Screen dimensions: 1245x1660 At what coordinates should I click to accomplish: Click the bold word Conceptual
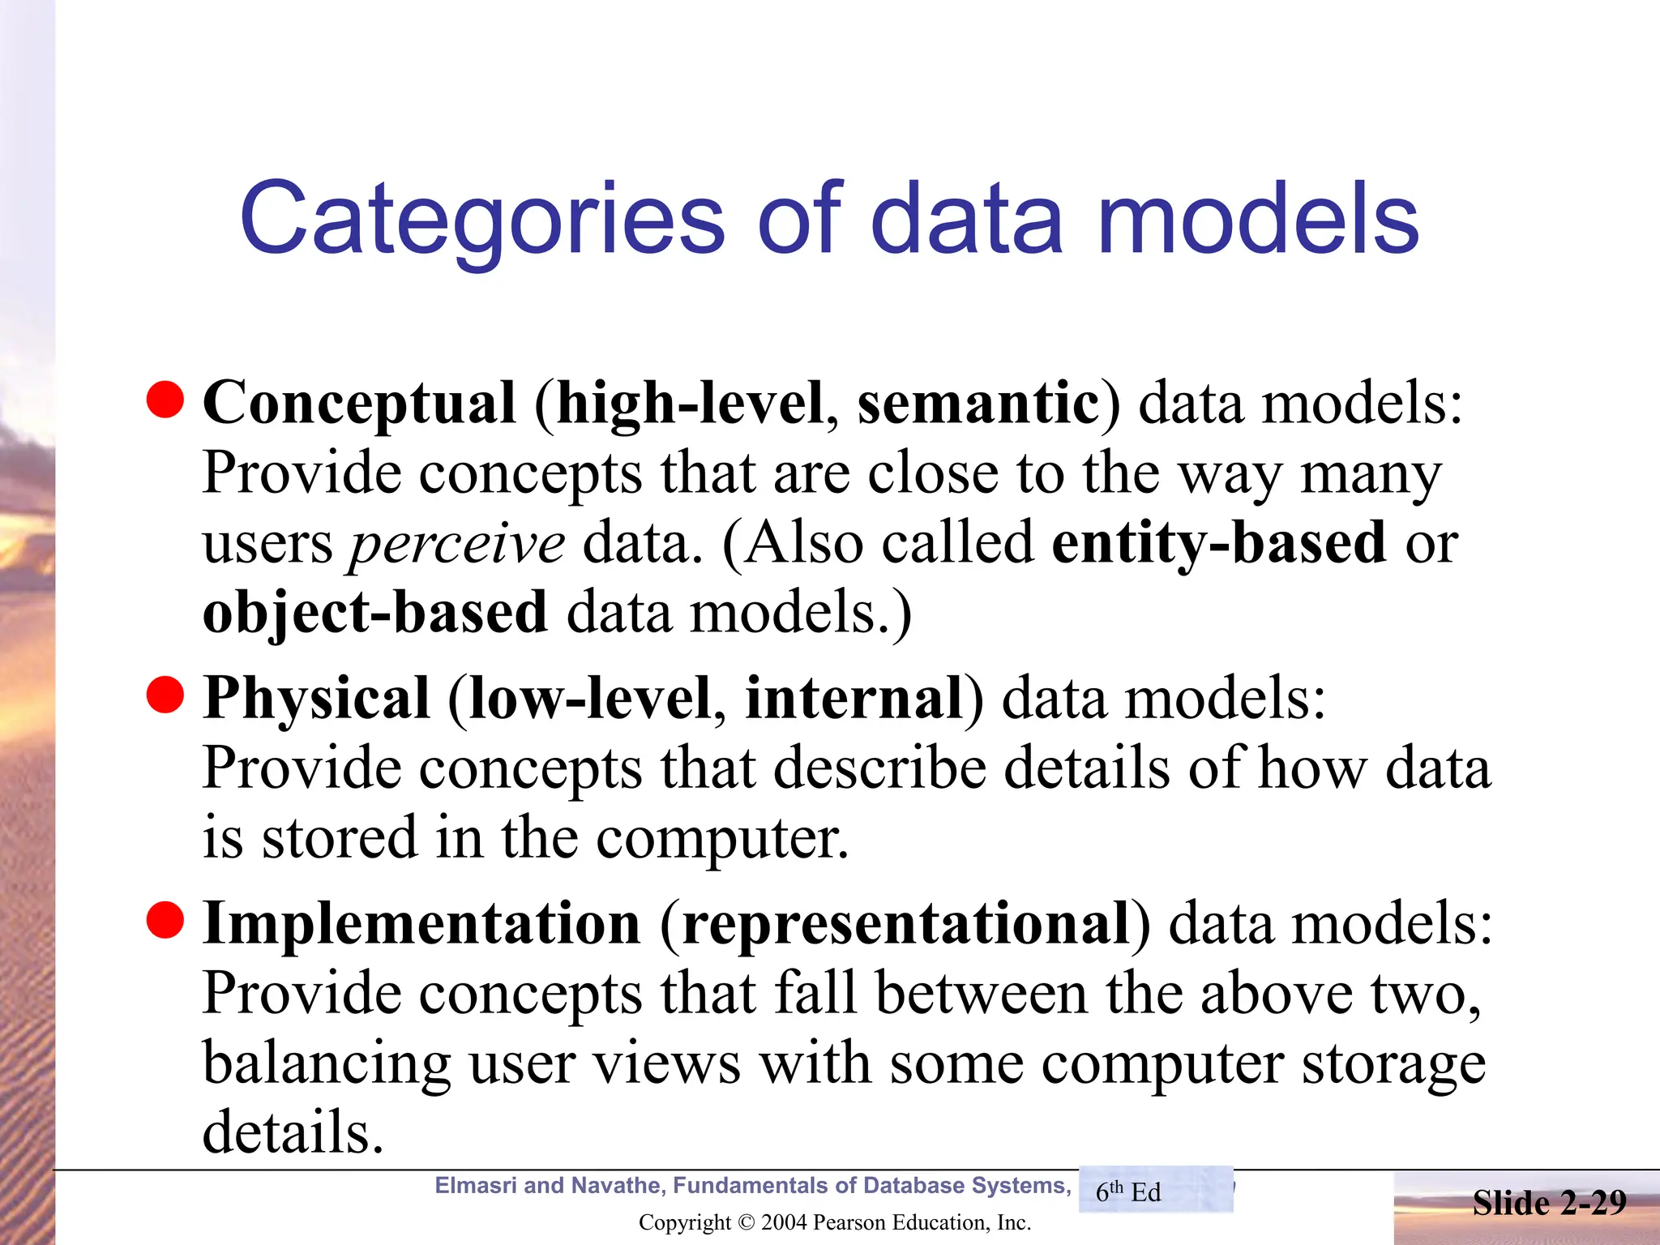coord(359,403)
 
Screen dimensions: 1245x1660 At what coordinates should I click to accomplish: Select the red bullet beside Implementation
coord(165,919)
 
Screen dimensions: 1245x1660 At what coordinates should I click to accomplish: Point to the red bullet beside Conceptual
coord(165,400)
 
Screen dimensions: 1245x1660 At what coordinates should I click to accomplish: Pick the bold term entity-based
coord(1218,543)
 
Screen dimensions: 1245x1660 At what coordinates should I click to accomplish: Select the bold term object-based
coord(375,613)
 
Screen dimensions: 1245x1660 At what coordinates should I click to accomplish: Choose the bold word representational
coord(906,923)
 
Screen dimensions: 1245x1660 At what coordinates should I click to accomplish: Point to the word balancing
coord(327,1064)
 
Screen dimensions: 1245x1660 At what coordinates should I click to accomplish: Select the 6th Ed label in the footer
coord(1128,1192)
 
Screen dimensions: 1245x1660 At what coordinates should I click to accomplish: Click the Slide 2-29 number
coord(1549,1203)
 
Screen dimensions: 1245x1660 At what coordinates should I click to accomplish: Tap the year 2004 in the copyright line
coord(785,1222)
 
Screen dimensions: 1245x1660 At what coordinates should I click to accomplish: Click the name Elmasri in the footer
coord(475,1186)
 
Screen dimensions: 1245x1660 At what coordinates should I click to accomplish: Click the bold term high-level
coord(689,403)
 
